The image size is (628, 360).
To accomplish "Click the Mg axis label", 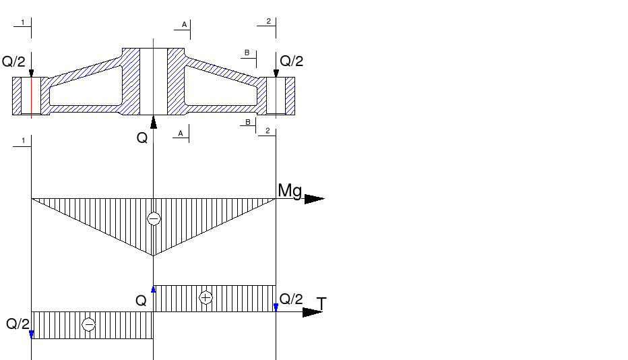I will pos(290,191).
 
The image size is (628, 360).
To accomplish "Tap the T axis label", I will pos(321,304).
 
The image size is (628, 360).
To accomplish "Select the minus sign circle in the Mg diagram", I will pos(154,219).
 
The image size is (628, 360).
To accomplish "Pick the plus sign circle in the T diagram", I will pos(206,297).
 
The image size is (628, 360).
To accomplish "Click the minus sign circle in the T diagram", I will pos(88,325).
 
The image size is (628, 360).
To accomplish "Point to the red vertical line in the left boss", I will pos(31,96).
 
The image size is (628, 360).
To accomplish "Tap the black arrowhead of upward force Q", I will pos(154,122).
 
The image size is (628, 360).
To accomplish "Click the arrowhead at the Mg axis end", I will pos(314,199).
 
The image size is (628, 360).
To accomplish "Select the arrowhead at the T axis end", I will pos(313,312).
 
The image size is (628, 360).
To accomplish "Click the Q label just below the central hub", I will pos(142,138).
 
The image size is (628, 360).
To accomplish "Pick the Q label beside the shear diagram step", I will pos(141,301).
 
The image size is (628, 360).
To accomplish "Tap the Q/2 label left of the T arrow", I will pos(291,299).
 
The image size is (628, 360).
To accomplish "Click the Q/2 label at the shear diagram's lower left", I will pos(18,324).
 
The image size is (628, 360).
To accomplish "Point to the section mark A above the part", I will pos(183,25).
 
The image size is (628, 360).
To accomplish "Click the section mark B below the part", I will pos(247,122).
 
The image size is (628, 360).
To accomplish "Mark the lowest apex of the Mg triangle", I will pos(154,256).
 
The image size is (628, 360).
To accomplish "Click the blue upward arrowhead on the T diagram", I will pos(154,289).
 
